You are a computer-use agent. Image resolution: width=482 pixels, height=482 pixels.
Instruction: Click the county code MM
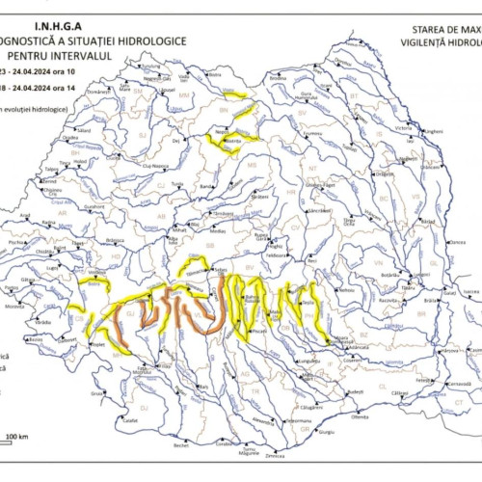[183, 95]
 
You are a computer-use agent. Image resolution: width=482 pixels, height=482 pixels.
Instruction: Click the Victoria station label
[403, 127]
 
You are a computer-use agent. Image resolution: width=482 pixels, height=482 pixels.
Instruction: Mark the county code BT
[353, 96]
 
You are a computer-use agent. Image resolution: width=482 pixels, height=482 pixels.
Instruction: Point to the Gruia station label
[96, 393]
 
